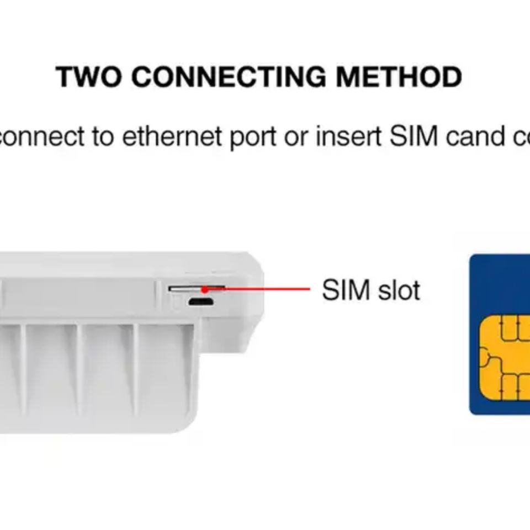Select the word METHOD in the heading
399,77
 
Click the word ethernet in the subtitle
172,136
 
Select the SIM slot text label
371,290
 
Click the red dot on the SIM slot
205,289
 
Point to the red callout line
265,289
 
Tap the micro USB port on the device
200,302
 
